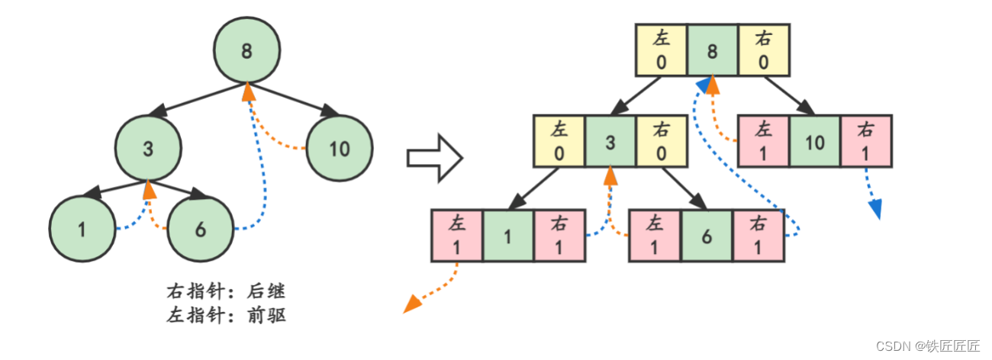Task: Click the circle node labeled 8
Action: pyautogui.click(x=246, y=51)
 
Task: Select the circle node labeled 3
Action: pyautogui.click(x=149, y=148)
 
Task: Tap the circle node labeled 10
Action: pyautogui.click(x=340, y=148)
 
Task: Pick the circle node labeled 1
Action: pyautogui.click(x=82, y=229)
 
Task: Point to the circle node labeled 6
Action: pyautogui.click(x=200, y=229)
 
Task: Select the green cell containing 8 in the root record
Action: pyautogui.click(x=713, y=50)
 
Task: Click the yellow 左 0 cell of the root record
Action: pyautogui.click(x=662, y=50)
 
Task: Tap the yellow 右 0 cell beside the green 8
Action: pyautogui.click(x=764, y=50)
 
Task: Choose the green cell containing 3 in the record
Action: pyautogui.click(x=610, y=141)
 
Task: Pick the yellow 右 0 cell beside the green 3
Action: pyautogui.click(x=662, y=141)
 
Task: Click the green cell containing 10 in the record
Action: pyautogui.click(x=815, y=141)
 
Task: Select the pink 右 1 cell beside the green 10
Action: pyautogui.click(x=866, y=141)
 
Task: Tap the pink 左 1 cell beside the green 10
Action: pyautogui.click(x=764, y=141)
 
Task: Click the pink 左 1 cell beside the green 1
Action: pyautogui.click(x=457, y=236)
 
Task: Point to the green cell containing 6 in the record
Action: pyautogui.click(x=707, y=236)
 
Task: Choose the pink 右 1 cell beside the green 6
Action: pyautogui.click(x=758, y=236)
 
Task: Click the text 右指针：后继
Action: pyautogui.click(x=227, y=292)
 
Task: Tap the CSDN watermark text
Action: pyautogui.click(x=928, y=346)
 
